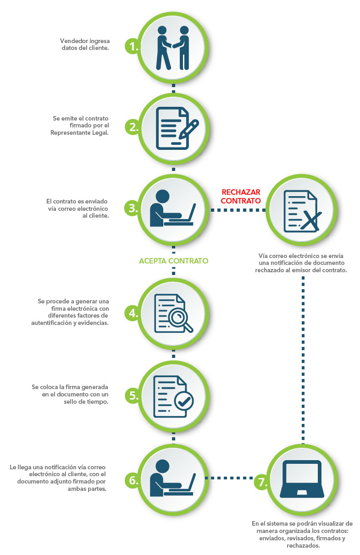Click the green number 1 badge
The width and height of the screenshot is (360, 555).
[x=132, y=46]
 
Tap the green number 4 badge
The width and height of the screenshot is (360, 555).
[x=132, y=313]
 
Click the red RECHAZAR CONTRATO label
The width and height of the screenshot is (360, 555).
[x=240, y=196]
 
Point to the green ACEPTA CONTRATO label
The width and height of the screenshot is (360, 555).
[x=173, y=261]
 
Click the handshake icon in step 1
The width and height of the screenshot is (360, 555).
[x=173, y=48]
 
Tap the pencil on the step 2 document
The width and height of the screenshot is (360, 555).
[x=189, y=129]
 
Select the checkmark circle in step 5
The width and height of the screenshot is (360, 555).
[x=184, y=401]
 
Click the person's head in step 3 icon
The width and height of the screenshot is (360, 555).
[x=162, y=197]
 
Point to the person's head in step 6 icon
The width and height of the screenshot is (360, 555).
[x=162, y=466]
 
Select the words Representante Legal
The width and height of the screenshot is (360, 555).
[x=79, y=133]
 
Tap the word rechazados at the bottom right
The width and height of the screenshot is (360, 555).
[x=303, y=545]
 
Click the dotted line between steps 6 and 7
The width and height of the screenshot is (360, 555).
[x=229, y=478]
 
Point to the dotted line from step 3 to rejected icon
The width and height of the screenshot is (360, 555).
[x=238, y=210]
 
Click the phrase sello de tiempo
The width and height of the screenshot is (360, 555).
[x=86, y=401]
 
